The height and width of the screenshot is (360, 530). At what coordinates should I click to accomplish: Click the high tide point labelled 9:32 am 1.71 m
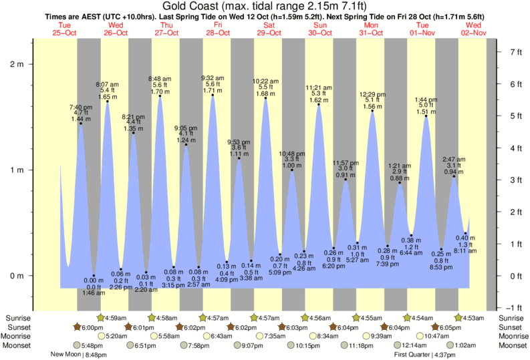213,95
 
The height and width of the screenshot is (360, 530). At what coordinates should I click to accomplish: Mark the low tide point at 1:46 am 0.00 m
94,275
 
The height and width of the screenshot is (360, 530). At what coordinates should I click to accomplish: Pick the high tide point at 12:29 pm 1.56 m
372,111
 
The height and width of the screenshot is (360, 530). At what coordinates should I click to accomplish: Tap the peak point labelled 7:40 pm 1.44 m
81,124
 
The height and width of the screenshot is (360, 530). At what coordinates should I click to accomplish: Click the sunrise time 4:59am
116,317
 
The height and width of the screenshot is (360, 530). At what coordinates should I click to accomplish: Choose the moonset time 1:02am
467,345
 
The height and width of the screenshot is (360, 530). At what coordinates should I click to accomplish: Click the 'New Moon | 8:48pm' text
79,355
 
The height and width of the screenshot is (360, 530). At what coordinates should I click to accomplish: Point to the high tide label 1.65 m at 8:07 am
108,97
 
